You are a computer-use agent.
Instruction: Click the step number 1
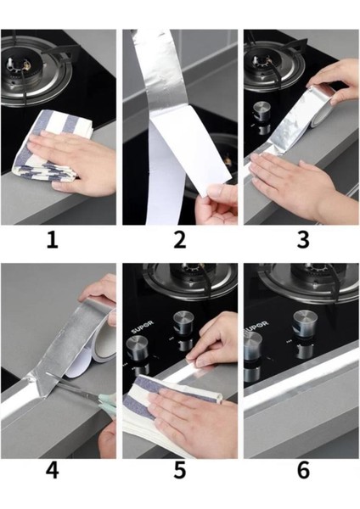(53, 241)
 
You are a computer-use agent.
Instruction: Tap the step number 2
(180, 241)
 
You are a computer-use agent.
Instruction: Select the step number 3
(303, 241)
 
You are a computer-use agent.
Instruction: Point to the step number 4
(53, 471)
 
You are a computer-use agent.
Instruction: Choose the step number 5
(180, 471)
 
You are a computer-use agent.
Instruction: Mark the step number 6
(303, 471)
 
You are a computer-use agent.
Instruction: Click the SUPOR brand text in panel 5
(142, 327)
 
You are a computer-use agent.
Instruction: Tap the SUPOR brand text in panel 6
(257, 327)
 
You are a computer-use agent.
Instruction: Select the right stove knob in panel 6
(305, 323)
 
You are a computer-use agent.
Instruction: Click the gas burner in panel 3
(273, 66)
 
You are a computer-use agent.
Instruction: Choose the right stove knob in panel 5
(183, 322)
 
